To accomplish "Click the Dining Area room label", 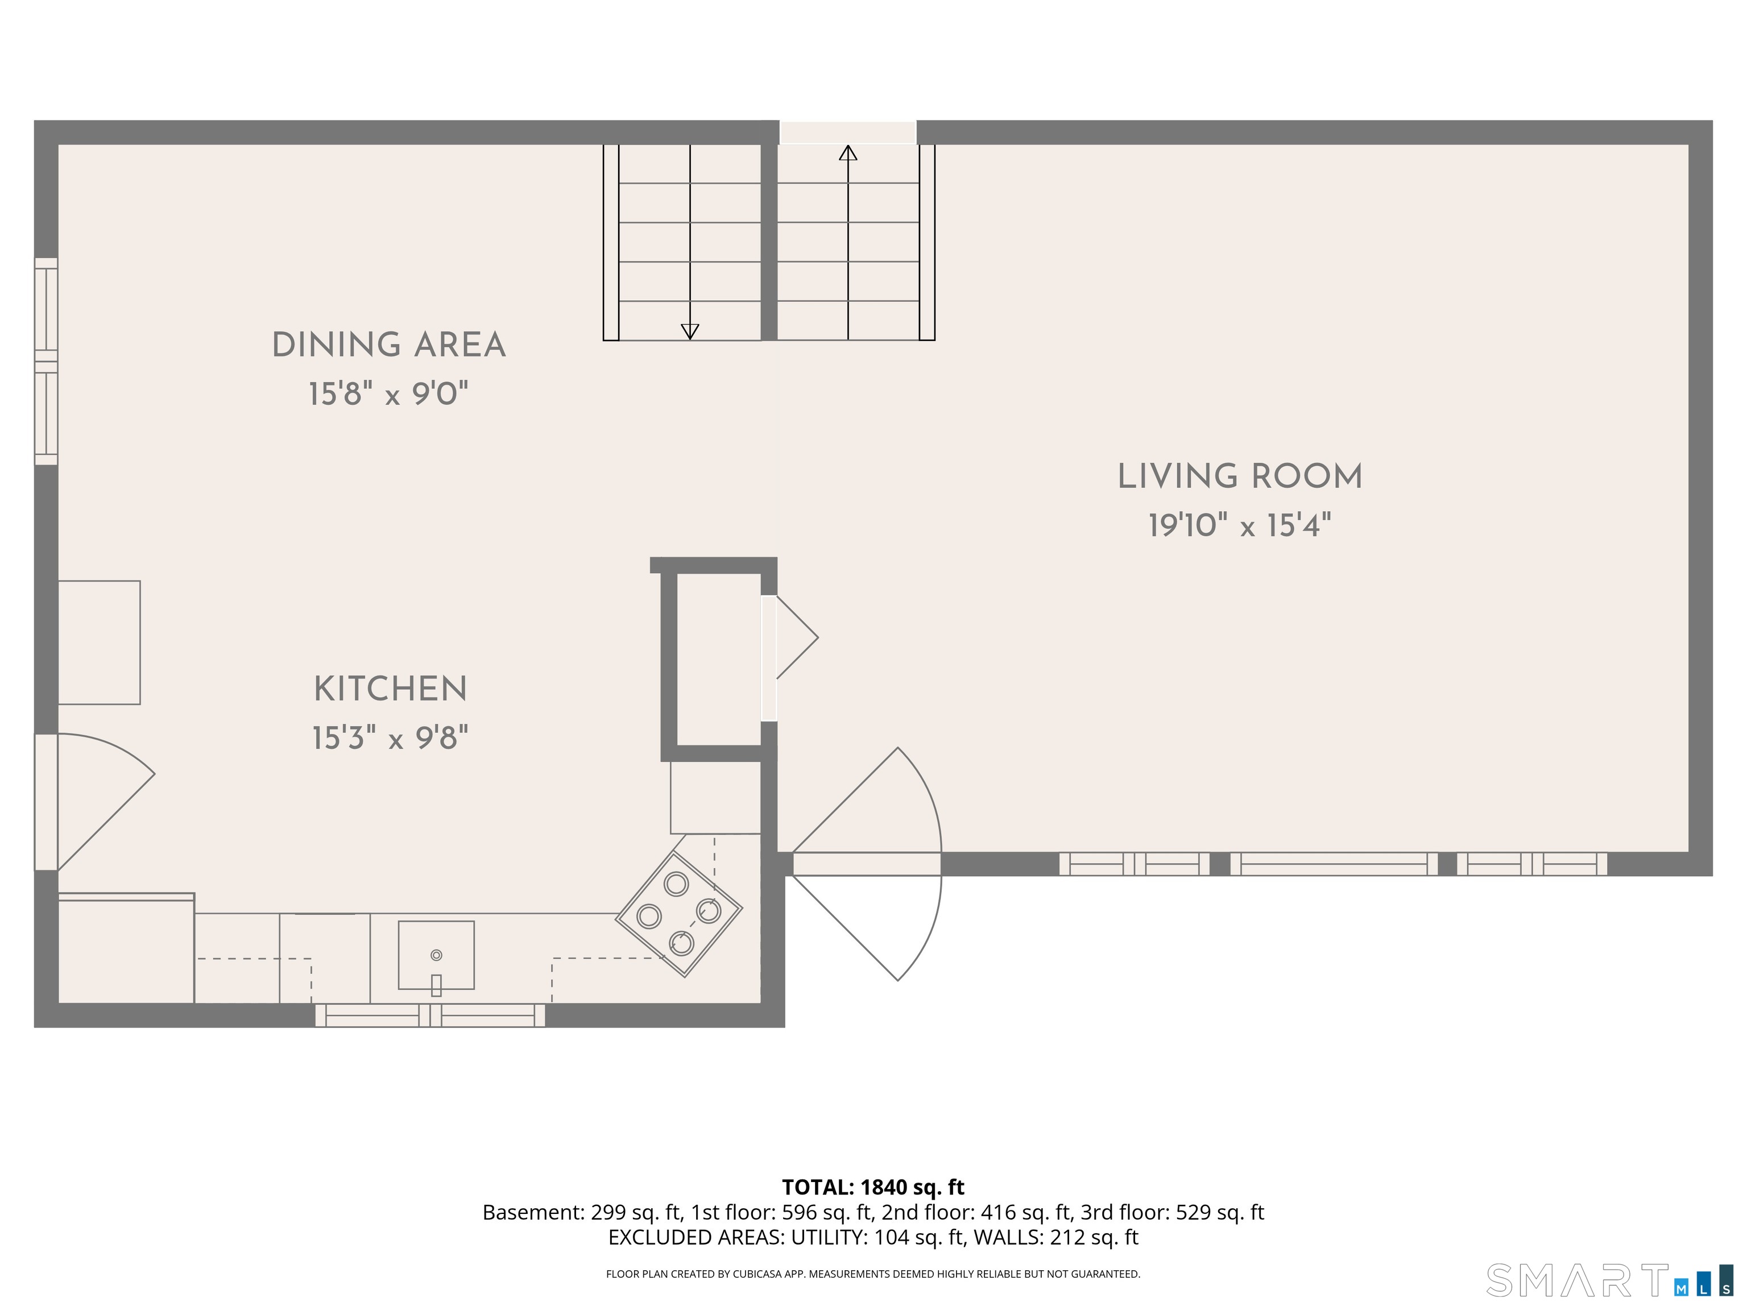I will [388, 345].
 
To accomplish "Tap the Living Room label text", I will [1239, 477].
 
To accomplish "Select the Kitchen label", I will [390, 689].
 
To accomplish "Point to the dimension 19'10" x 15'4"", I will [1239, 526].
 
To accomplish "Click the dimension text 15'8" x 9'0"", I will [388, 394].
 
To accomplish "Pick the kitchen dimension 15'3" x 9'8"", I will [390, 739].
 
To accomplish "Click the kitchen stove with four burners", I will [678, 914].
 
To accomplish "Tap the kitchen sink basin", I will [436, 954].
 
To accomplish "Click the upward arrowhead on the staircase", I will [847, 152].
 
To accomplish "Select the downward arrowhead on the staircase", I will [689, 331].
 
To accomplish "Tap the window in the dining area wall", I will [47, 361].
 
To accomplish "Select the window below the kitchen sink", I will [430, 1015].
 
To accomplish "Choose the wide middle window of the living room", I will [1333, 864].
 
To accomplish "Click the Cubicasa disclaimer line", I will [873, 1274].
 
